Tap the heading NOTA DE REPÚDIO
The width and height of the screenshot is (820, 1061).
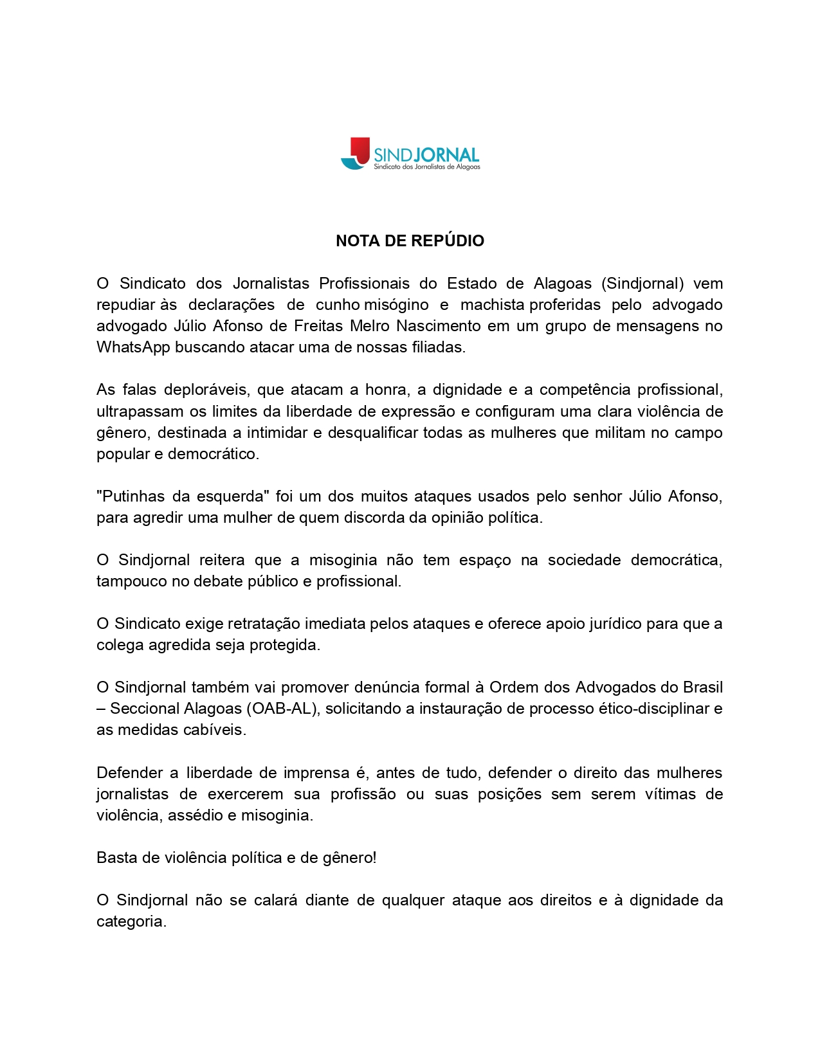click(410, 241)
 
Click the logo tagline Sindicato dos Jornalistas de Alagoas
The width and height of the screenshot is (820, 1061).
click(427, 167)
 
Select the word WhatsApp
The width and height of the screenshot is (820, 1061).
click(133, 347)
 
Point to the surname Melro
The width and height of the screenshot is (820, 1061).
click(370, 326)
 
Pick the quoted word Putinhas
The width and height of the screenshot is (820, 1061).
click(131, 496)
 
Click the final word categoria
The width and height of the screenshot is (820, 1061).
click(131, 921)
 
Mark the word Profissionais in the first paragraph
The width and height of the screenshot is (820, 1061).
click(364, 284)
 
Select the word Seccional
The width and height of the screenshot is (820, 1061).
click(145, 709)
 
